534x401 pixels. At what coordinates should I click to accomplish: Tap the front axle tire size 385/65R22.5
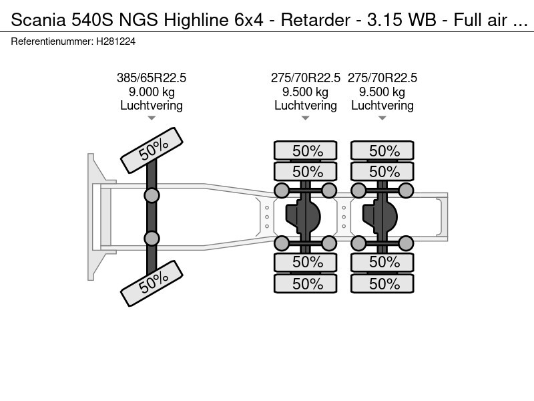click(x=152, y=78)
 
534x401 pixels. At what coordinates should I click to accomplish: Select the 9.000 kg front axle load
click(x=152, y=92)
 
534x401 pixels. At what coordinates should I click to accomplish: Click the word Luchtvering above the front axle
click(x=152, y=106)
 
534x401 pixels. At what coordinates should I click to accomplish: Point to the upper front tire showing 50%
click(x=152, y=151)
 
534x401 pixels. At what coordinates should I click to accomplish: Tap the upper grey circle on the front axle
click(x=152, y=195)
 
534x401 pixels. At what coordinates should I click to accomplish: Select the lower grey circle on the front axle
click(x=152, y=238)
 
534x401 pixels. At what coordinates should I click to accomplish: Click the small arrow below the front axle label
click(x=152, y=118)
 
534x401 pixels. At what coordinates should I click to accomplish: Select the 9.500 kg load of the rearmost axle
click(x=382, y=92)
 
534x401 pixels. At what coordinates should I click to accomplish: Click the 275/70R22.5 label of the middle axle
click(x=305, y=78)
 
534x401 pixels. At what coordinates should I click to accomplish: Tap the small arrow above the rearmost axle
click(x=382, y=118)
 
